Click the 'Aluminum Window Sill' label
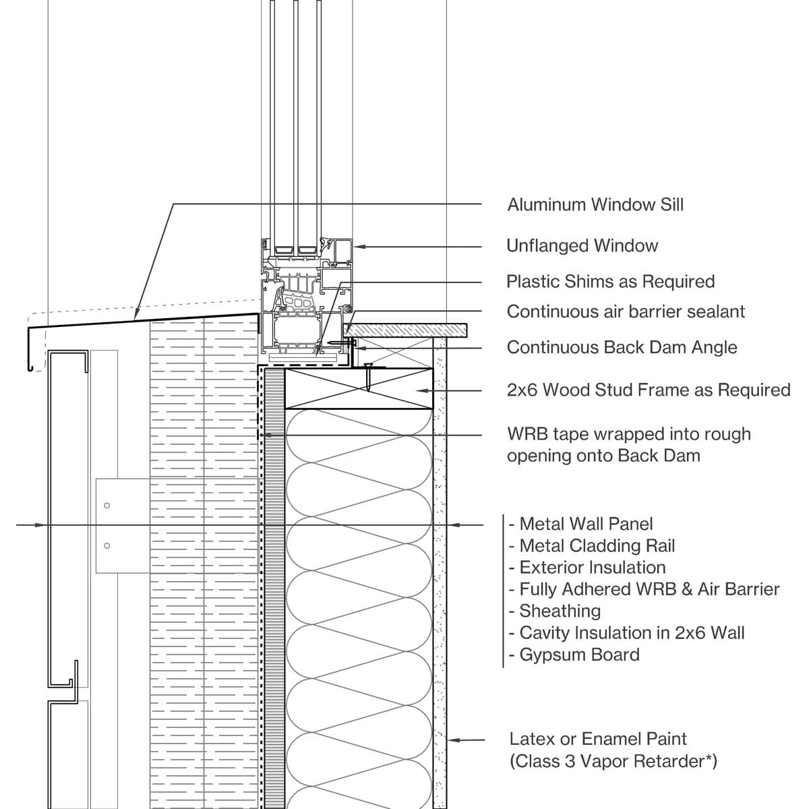(x=595, y=205)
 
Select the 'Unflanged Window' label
(x=582, y=246)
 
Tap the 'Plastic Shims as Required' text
(x=610, y=282)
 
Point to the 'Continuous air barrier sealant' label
(x=626, y=312)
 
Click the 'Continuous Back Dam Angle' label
(x=622, y=348)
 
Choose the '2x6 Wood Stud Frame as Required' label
(x=648, y=390)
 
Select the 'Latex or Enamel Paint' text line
(x=598, y=740)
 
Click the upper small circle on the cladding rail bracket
(x=107, y=505)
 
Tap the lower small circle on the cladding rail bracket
(x=107, y=545)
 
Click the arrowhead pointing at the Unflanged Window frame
(x=359, y=246)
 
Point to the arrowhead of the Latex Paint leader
(x=452, y=740)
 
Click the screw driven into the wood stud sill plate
(x=368, y=377)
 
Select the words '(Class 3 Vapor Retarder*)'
(x=613, y=762)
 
